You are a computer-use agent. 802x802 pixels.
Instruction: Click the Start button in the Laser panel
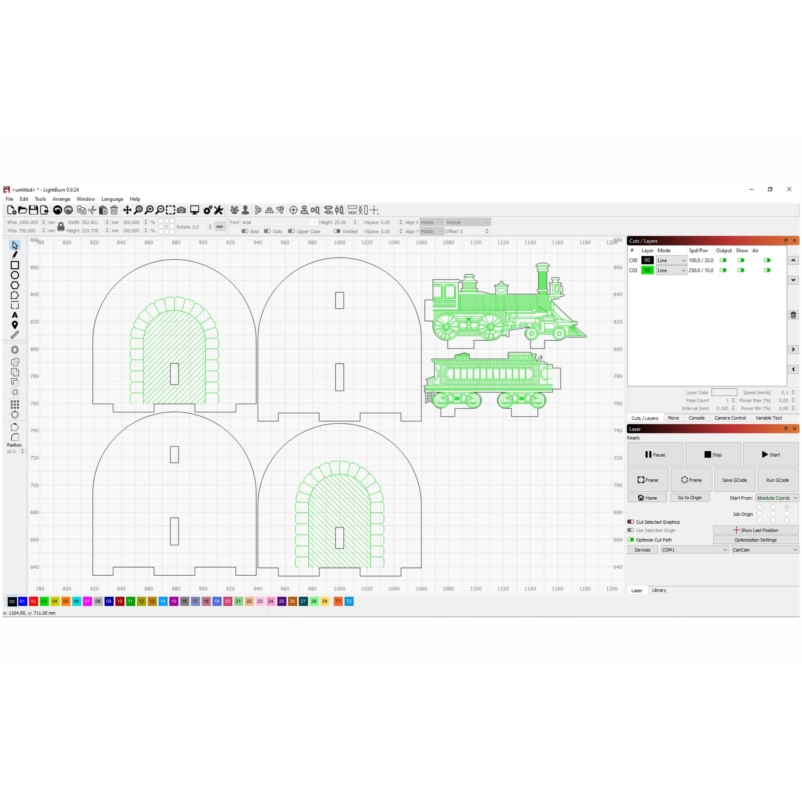coord(770,455)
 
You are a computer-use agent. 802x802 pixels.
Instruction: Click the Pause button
coord(655,455)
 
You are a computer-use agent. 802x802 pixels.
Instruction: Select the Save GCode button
coord(734,480)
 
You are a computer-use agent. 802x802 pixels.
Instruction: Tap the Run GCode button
coord(778,480)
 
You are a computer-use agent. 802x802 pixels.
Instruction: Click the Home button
coord(647,498)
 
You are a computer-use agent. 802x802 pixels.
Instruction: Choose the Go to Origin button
coord(689,498)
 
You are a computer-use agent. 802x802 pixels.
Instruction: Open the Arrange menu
coord(61,199)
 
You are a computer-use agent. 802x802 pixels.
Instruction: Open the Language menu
coord(112,199)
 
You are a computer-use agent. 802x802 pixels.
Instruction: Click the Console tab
coord(696,418)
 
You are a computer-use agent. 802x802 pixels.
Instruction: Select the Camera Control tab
coord(730,418)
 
